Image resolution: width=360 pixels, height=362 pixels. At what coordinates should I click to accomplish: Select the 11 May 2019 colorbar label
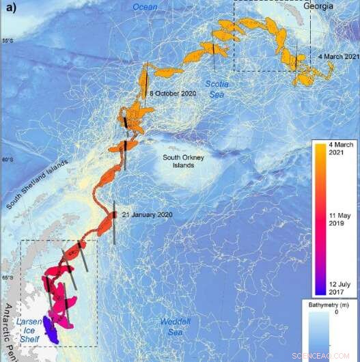(x=336, y=222)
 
